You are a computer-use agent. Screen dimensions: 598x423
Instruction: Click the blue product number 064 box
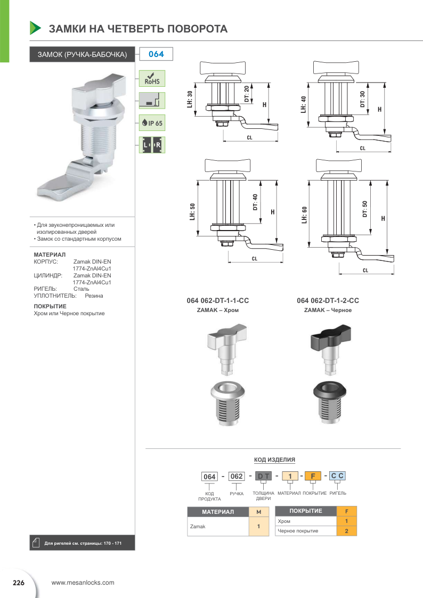pyautogui.click(x=156, y=54)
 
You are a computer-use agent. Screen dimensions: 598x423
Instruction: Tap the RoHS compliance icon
pyautogui.click(x=152, y=78)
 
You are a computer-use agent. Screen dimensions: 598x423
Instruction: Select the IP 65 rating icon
pyautogui.click(x=152, y=122)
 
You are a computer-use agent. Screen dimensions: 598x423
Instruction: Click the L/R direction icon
pyautogui.click(x=152, y=145)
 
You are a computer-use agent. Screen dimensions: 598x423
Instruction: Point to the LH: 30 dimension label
pyautogui.click(x=190, y=100)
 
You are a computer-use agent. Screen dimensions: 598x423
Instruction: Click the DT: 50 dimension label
pyautogui.click(x=365, y=209)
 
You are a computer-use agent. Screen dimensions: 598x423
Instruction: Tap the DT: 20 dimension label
pyautogui.click(x=247, y=94)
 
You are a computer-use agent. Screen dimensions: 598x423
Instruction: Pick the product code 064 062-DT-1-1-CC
pyautogui.click(x=218, y=301)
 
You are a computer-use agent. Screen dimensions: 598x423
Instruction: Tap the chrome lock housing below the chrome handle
pyautogui.click(x=227, y=403)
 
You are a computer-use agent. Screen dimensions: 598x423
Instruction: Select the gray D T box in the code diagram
pyautogui.click(x=264, y=476)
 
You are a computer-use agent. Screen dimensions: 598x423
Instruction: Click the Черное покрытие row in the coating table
pyautogui.click(x=306, y=531)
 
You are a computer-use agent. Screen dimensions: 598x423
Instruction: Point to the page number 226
pyautogui.click(x=19, y=583)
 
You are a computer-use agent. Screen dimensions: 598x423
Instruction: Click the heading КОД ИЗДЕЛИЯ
pyautogui.click(x=274, y=460)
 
